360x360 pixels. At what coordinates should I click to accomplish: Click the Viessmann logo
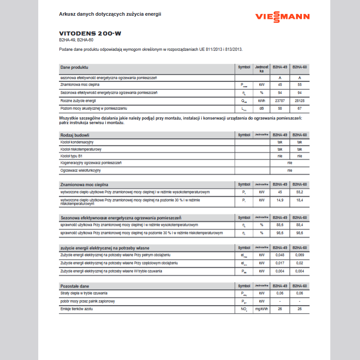(282, 17)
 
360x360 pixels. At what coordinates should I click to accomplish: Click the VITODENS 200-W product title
(90, 33)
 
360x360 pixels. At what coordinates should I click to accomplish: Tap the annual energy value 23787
(279, 100)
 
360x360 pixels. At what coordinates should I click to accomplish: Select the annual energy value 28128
(299, 100)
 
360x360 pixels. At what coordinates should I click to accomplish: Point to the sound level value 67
(299, 108)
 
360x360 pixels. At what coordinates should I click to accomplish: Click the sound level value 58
(279, 108)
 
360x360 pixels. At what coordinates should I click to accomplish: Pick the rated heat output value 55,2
(299, 192)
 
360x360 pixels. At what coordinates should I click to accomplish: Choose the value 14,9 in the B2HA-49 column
(279, 200)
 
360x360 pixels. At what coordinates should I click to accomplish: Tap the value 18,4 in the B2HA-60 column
(299, 200)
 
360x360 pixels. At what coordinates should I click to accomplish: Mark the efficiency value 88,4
(299, 225)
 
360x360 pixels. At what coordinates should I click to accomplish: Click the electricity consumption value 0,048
(279, 255)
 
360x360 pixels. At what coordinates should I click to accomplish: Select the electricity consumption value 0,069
(299, 255)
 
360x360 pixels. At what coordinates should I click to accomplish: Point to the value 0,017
(279, 263)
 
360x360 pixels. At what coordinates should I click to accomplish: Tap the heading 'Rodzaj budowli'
(75, 135)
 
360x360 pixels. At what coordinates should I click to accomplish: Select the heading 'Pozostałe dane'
(75, 286)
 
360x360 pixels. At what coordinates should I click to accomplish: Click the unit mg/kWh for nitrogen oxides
(261, 309)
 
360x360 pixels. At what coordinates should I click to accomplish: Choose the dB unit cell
(261, 108)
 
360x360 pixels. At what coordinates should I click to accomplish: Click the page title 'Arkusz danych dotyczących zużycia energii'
(110, 14)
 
